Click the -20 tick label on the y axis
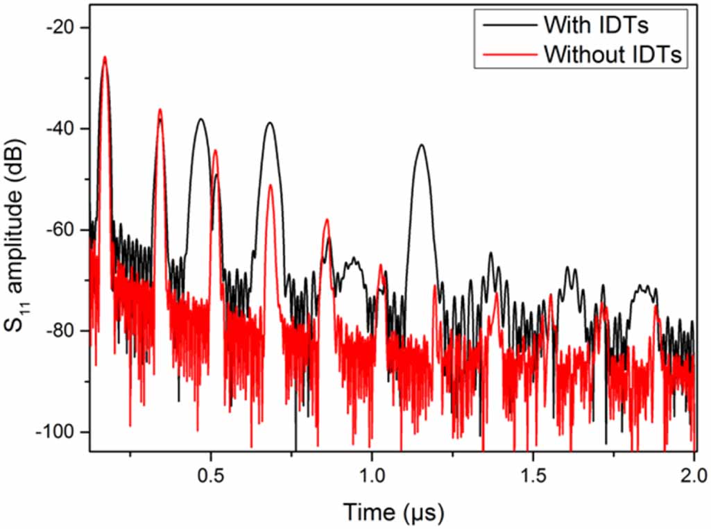(x=62, y=28)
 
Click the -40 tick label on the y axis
(x=62, y=128)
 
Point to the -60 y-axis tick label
(x=62, y=230)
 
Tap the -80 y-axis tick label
(x=62, y=330)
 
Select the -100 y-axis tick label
(x=58, y=432)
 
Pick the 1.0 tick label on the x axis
(x=372, y=478)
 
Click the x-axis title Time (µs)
(x=393, y=512)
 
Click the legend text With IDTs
(x=597, y=24)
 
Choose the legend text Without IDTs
(x=615, y=53)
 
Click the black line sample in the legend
(x=505, y=24)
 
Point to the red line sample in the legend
(x=505, y=53)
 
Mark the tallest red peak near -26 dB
(x=105, y=58)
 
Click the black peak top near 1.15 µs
(x=420, y=145)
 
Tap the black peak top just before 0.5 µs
(x=201, y=119)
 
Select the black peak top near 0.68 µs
(x=269, y=123)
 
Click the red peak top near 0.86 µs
(x=326, y=219)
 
